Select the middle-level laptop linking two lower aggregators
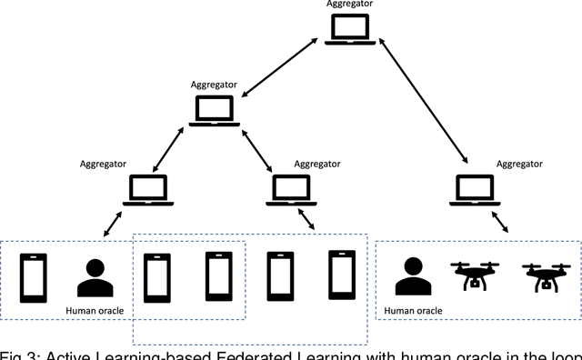(215, 110)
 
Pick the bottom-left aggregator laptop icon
(148, 190)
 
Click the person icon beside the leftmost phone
(95, 278)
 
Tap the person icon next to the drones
(412, 276)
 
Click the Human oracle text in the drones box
(413, 311)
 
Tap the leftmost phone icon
(34, 277)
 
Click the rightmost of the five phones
(341, 276)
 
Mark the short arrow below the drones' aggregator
(501, 224)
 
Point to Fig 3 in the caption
(19, 352)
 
